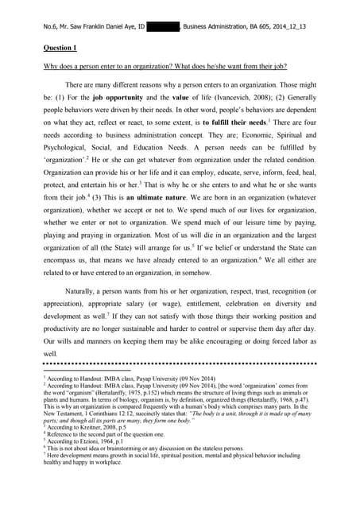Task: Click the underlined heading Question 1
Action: pyautogui.click(x=60, y=47)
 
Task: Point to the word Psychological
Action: pyautogui.click(x=68, y=151)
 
